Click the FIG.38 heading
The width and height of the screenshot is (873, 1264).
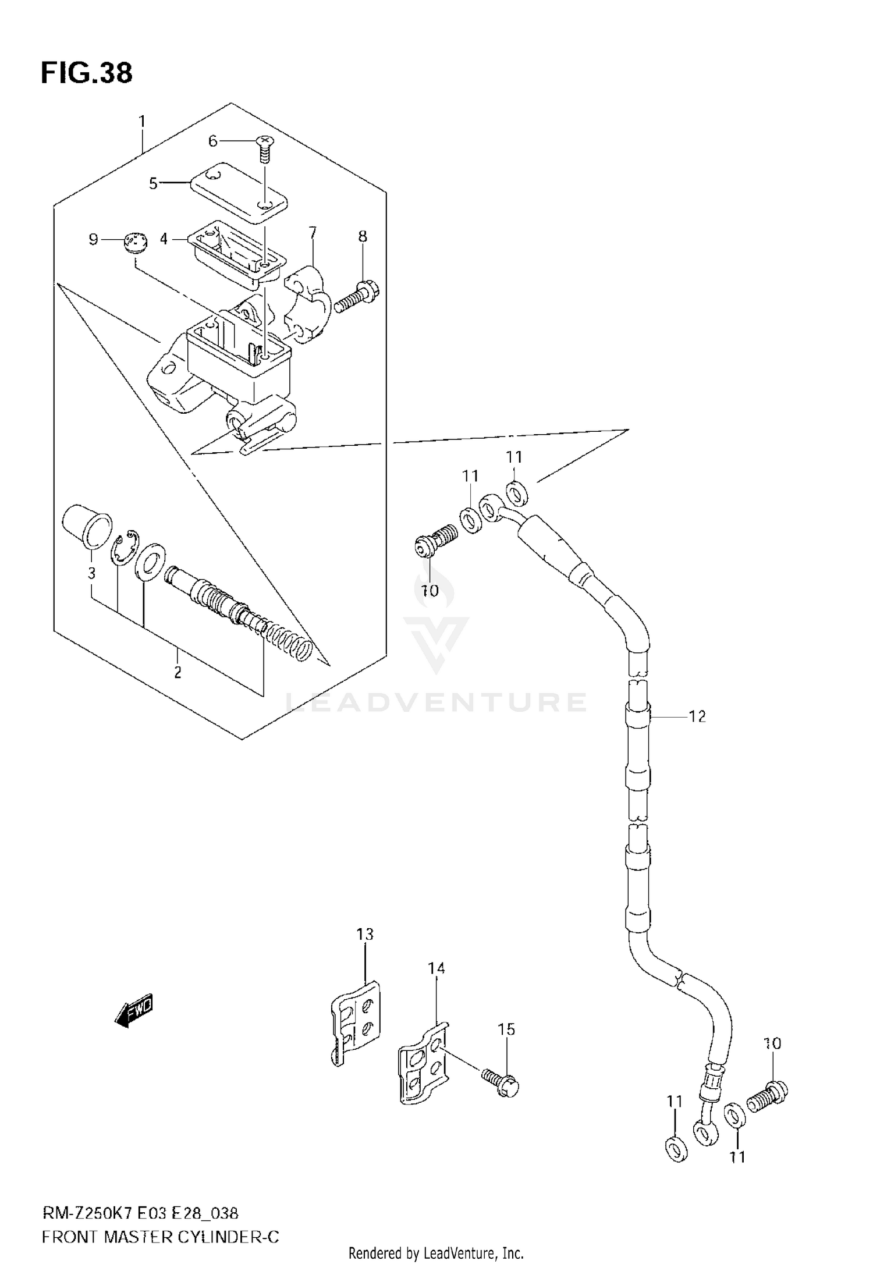click(86, 74)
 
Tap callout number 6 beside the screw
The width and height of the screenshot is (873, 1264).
click(212, 141)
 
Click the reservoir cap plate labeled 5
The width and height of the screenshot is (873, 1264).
click(239, 192)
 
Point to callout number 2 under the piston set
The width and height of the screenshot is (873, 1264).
click(178, 673)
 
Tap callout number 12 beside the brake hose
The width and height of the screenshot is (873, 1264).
click(697, 716)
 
